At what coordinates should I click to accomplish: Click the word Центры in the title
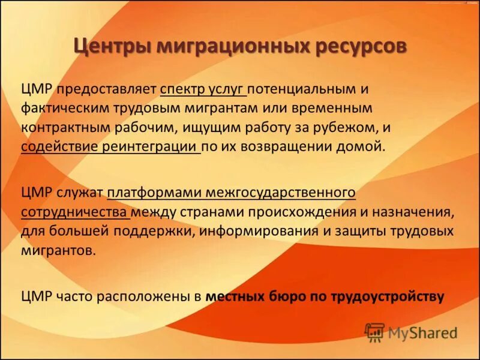tap(110, 46)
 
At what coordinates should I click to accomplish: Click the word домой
tap(364, 146)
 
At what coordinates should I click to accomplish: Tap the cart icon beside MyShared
tap(374, 332)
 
